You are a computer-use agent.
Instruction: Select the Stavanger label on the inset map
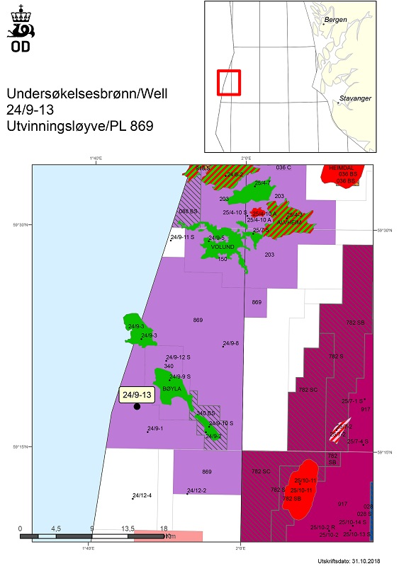[x=355, y=99]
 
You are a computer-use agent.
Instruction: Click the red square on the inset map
[x=228, y=81]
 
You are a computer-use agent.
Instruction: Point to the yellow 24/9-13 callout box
[x=137, y=395]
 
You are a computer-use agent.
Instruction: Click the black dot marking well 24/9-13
[x=136, y=407]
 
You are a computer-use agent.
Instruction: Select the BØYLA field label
[x=172, y=389]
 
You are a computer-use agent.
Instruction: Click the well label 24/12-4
[x=142, y=495]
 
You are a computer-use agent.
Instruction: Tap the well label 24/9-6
[x=230, y=343]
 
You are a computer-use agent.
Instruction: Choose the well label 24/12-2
[x=196, y=490]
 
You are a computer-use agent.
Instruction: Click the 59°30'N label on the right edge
[x=387, y=230]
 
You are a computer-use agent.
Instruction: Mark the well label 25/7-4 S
[x=357, y=441]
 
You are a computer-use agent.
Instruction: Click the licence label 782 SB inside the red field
[x=292, y=498]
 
